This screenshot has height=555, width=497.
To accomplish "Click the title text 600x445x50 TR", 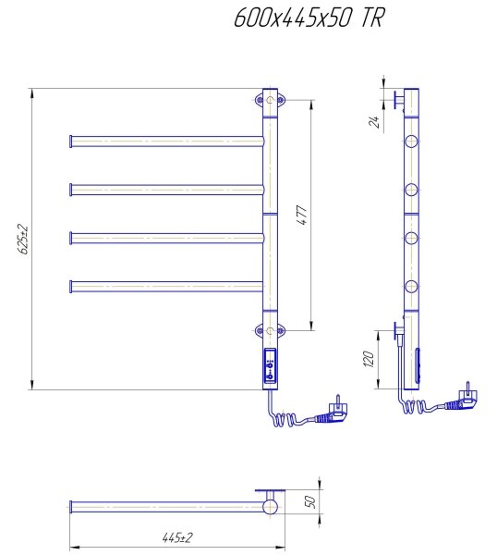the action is pos(309,18).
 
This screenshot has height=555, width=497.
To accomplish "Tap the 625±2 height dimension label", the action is pos(24,239).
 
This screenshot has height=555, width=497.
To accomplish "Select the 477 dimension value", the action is pos(302,215).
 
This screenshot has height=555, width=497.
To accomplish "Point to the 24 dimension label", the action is pos(374,121).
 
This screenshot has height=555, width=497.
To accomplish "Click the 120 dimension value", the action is pos(369,359).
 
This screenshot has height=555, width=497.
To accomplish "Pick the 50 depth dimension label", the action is pos(309,501).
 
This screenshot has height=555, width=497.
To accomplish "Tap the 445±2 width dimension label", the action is pos(177,537).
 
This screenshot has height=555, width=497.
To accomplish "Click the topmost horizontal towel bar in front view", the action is pos(166,142).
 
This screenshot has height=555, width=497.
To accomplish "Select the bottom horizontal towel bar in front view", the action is pos(166,287).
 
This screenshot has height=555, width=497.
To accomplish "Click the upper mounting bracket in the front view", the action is pos(270,100).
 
